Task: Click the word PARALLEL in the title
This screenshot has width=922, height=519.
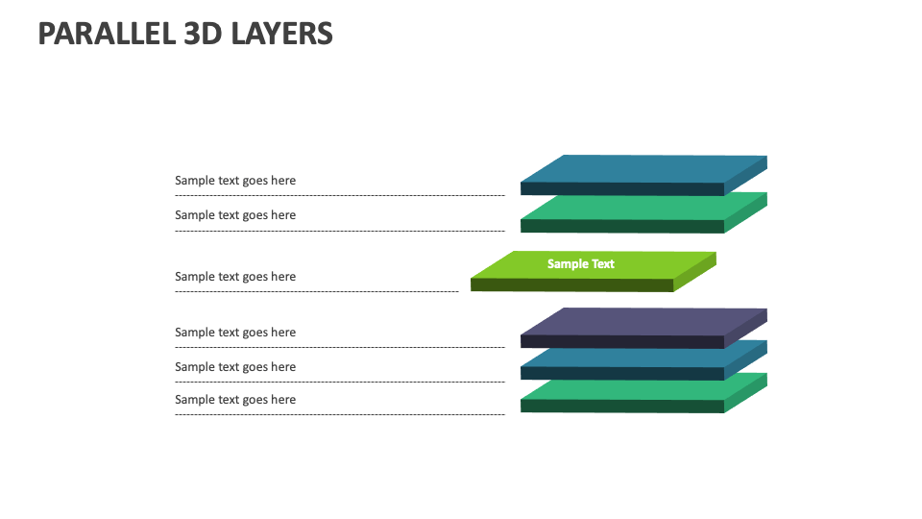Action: click(107, 34)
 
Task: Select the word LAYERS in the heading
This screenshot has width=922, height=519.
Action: click(282, 34)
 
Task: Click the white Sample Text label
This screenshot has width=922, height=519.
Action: click(580, 263)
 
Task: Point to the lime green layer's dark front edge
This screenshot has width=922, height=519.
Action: click(571, 285)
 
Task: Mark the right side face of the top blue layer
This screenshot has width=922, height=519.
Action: click(746, 176)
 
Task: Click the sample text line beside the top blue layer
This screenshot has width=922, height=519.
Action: click(235, 181)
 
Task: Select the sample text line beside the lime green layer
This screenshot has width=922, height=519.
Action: click(235, 277)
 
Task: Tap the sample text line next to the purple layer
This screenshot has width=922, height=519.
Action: click(235, 333)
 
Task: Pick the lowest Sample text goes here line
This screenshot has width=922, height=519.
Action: click(235, 400)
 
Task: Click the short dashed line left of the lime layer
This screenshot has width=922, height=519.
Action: click(317, 291)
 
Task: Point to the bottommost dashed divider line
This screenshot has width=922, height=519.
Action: click(339, 415)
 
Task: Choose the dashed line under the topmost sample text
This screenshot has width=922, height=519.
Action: click(339, 196)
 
